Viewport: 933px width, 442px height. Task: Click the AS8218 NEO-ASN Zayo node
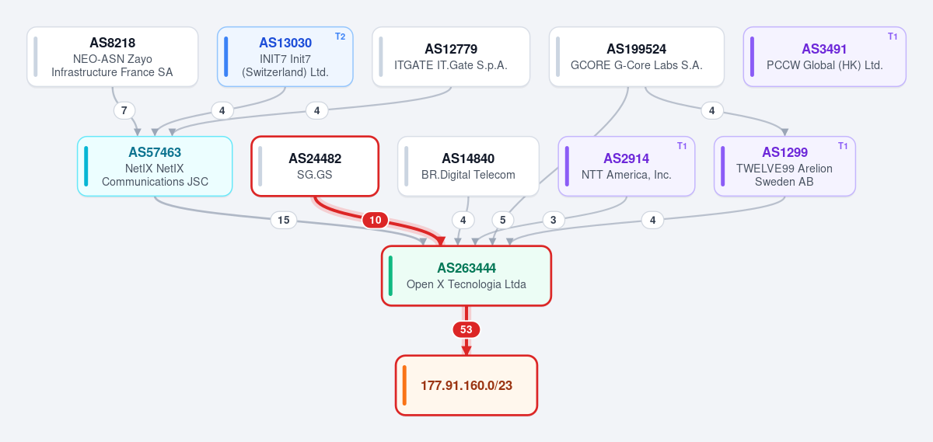(113, 57)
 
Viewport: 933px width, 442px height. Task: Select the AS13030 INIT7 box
(285, 57)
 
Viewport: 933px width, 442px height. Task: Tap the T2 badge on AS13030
(340, 37)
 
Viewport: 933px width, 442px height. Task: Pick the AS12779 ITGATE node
(451, 57)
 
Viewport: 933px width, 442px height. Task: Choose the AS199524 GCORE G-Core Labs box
(637, 57)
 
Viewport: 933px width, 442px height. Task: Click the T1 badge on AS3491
(893, 37)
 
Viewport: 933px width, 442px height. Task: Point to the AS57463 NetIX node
(155, 166)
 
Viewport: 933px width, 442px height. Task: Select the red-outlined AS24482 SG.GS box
(315, 166)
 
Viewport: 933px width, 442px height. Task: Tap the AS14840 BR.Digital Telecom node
(468, 166)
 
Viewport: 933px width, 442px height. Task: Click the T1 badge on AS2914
(681, 146)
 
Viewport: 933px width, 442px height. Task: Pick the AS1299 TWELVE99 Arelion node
(784, 166)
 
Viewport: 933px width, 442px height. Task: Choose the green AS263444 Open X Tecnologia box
(466, 276)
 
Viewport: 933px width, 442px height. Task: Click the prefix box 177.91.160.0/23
(466, 385)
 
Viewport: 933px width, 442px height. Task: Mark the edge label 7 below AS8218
(124, 111)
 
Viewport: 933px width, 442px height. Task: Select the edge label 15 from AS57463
(284, 220)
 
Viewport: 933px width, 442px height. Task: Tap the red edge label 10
(376, 220)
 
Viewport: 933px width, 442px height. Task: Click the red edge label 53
(466, 329)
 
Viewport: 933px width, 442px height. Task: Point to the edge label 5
(503, 220)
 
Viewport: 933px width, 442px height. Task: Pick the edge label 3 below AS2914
(553, 220)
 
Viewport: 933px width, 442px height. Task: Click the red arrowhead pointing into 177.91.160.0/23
(466, 350)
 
